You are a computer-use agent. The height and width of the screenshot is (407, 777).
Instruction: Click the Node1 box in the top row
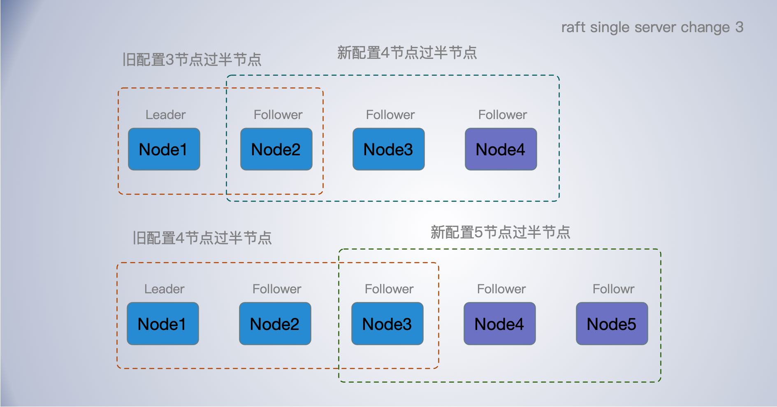click(164, 149)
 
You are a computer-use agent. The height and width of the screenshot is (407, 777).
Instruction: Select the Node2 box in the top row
click(276, 149)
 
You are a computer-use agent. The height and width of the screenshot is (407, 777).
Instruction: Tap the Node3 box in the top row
click(388, 149)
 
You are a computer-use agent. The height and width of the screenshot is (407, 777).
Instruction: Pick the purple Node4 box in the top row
click(501, 149)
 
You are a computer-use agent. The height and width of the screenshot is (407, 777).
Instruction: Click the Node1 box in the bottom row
click(162, 324)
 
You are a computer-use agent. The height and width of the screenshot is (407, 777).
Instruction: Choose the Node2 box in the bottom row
click(275, 324)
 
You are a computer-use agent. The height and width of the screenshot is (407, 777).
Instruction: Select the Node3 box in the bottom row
click(387, 324)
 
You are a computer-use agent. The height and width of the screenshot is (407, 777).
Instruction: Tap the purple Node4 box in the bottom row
click(499, 324)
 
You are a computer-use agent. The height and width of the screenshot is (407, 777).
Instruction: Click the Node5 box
click(612, 324)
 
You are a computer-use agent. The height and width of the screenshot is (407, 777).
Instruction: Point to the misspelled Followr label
click(613, 289)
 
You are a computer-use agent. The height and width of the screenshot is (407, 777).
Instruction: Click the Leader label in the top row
click(165, 115)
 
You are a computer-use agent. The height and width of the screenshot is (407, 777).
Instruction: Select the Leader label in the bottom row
click(164, 289)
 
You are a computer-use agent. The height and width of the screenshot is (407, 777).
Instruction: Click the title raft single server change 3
click(652, 28)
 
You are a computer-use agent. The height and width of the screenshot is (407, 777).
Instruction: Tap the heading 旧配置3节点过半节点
click(192, 60)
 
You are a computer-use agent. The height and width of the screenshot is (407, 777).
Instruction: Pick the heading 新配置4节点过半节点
click(407, 53)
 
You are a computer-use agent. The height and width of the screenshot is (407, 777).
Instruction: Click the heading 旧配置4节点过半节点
click(202, 238)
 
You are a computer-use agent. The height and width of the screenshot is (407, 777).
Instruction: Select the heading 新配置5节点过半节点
click(500, 232)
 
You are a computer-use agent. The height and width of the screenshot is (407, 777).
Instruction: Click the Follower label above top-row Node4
click(502, 115)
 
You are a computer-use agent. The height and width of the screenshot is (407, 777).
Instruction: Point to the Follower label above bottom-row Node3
click(389, 289)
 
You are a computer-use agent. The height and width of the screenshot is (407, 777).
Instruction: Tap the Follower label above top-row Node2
click(278, 115)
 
